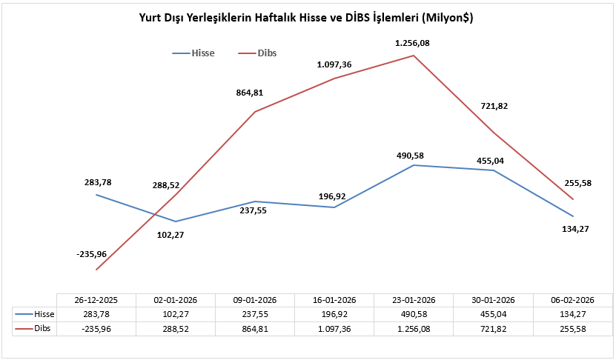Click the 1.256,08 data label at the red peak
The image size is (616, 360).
(414, 43)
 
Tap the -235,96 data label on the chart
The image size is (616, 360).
(91, 254)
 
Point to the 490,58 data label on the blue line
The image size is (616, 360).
(414, 156)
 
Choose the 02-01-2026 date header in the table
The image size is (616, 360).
(175, 300)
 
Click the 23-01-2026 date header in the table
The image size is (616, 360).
(414, 300)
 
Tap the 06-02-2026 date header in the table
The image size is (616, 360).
(573, 300)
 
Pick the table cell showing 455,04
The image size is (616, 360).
(493, 313)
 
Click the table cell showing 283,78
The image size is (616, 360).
(96, 313)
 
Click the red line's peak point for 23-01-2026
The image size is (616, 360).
(414, 55)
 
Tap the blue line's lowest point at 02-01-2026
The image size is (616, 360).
(176, 221)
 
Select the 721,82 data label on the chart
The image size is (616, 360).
(494, 107)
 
